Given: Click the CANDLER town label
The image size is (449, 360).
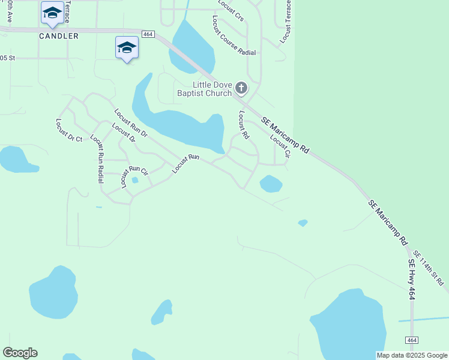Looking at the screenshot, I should (x=59, y=36).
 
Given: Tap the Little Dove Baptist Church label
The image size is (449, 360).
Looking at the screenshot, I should (x=203, y=89).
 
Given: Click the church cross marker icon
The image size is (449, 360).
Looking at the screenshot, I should (x=241, y=89).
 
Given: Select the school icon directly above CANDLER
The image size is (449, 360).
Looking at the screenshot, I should (x=52, y=13).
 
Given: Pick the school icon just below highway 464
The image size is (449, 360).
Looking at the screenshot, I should (x=127, y=47).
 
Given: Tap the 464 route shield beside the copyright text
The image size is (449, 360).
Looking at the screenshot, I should (x=411, y=340).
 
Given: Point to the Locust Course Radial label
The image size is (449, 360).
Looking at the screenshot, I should (x=234, y=36).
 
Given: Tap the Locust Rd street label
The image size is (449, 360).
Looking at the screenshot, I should (x=243, y=125).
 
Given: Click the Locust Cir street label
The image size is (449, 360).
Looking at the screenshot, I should (x=280, y=146).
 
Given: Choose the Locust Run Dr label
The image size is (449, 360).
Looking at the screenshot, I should (x=131, y=122).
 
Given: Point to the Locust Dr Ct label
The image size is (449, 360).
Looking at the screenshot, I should (x=68, y=130).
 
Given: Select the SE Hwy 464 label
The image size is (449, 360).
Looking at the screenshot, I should (x=411, y=280).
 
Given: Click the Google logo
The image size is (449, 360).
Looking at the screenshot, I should (x=20, y=353).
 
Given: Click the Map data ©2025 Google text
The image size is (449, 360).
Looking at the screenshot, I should (x=412, y=355).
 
